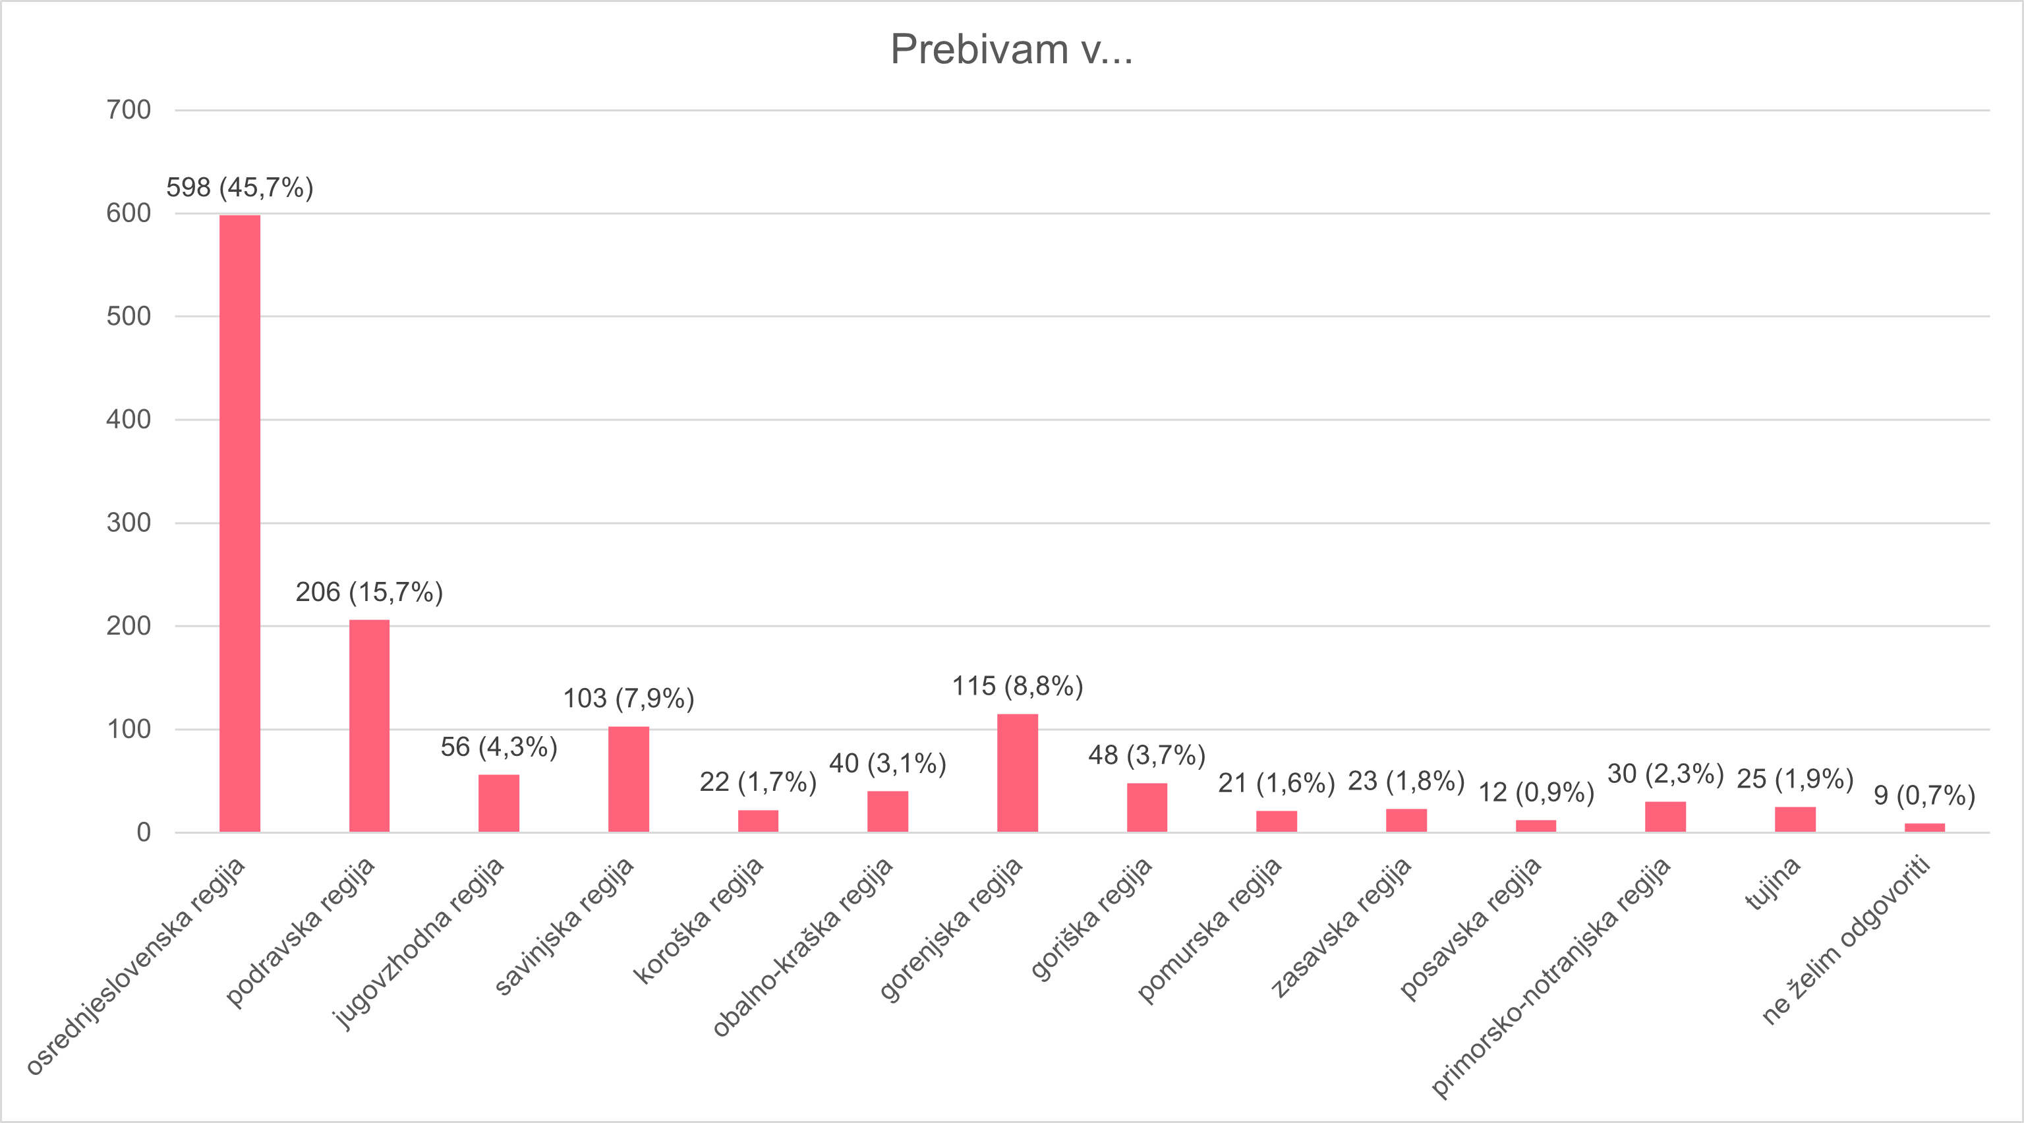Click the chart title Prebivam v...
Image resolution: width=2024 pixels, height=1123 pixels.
pyautogui.click(x=1011, y=49)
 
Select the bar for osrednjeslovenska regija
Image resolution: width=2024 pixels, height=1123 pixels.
pyautogui.click(x=240, y=523)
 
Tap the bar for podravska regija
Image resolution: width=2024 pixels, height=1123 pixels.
pyautogui.click(x=369, y=726)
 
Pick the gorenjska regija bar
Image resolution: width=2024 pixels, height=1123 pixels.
pyautogui.click(x=1018, y=772)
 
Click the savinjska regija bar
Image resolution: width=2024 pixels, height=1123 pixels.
pyautogui.click(x=629, y=779)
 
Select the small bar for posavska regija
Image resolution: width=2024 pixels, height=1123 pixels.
pyautogui.click(x=1536, y=825)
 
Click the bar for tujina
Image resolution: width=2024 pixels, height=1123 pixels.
pyautogui.click(x=1795, y=819)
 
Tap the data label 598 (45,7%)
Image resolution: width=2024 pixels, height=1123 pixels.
pyautogui.click(x=240, y=188)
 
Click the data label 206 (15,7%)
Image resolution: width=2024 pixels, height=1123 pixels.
pyautogui.click(x=369, y=592)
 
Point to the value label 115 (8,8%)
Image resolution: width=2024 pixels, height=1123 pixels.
pyautogui.click(x=1018, y=687)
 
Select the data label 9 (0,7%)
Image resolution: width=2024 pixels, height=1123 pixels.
pyautogui.click(x=1924, y=795)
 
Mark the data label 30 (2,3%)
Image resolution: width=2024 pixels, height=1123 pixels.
pyautogui.click(x=1665, y=774)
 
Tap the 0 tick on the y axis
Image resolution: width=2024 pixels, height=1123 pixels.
pyautogui.click(x=143, y=832)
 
